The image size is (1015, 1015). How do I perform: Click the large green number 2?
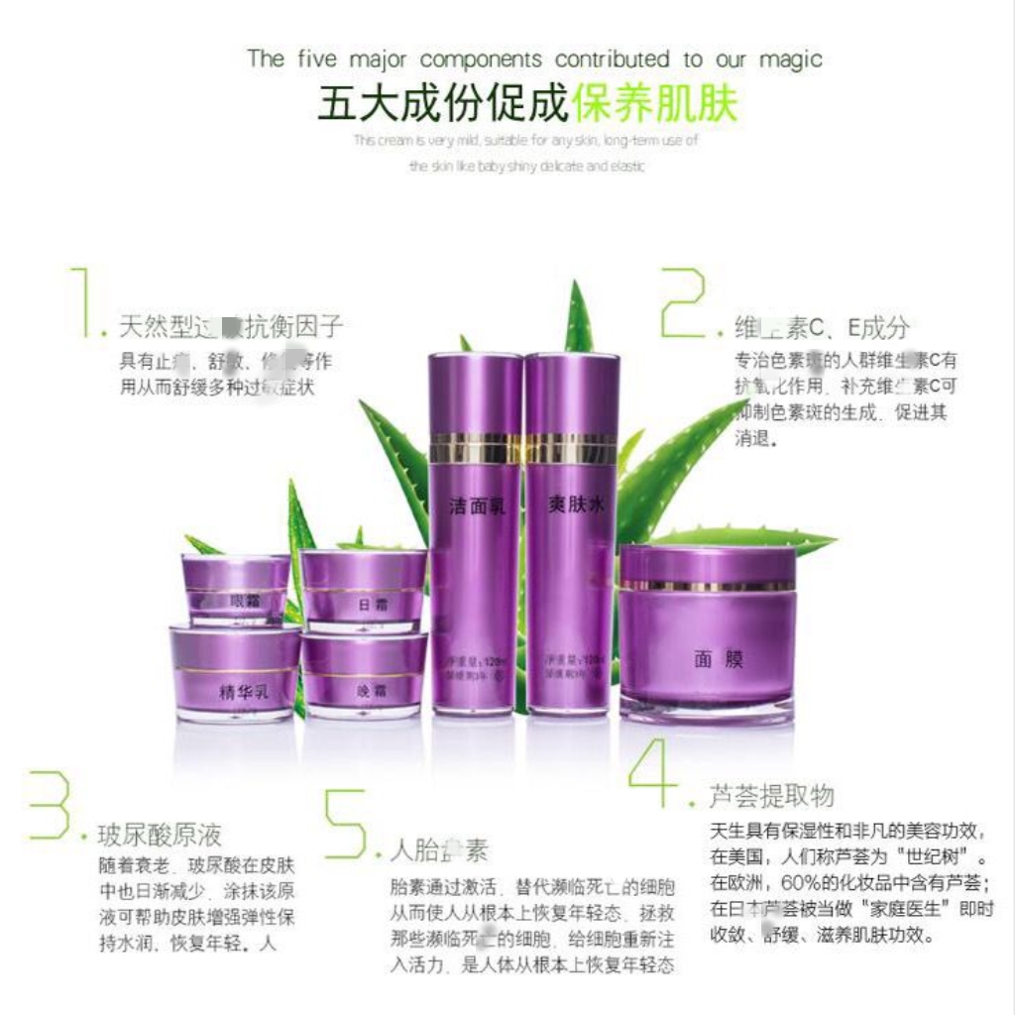pyautogui.click(x=684, y=301)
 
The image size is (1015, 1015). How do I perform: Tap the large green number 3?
pyautogui.click(x=49, y=805)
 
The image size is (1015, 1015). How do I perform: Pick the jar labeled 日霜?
pyautogui.click(x=364, y=592)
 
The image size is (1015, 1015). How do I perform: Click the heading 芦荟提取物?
pyautogui.click(x=771, y=795)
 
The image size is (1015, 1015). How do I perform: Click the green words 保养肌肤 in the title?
pyautogui.click(x=655, y=104)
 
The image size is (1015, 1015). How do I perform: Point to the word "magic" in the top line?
pyautogui.click(x=790, y=58)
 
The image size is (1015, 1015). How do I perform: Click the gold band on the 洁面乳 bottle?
pyautogui.click(x=475, y=448)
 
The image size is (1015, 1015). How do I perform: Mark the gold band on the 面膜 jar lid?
pyautogui.click(x=707, y=585)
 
